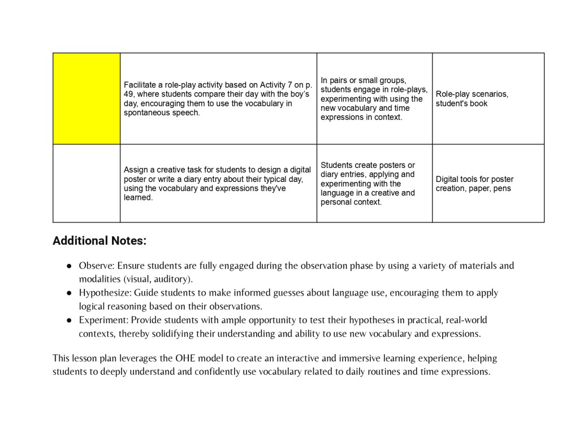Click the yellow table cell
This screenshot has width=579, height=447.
click(87, 98)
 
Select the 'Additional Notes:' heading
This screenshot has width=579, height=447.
click(100, 241)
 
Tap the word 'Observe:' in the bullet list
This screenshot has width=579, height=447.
click(96, 266)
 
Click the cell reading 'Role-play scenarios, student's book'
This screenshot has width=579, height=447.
click(472, 99)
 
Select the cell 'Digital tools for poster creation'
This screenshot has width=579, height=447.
click(474, 184)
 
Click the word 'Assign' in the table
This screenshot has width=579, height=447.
click(136, 170)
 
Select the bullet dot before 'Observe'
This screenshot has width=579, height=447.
click(69, 266)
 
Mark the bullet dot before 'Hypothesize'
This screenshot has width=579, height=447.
click(69, 293)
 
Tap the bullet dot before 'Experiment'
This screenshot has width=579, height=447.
click(69, 320)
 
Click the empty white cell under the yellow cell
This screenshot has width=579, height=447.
click(87, 183)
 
